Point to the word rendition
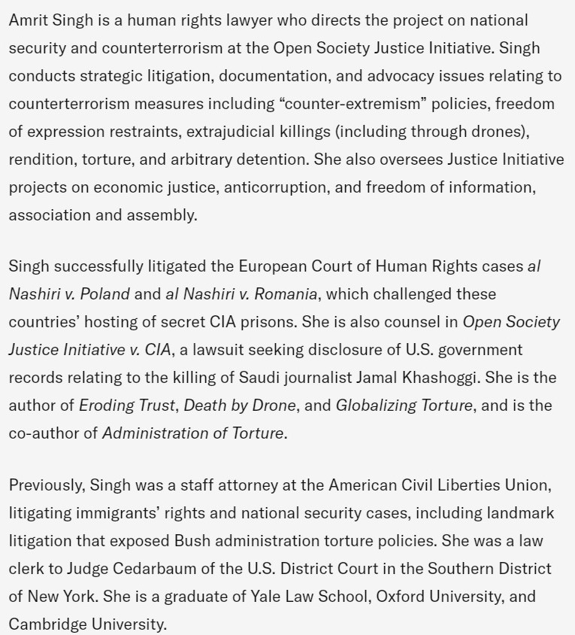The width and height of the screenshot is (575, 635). [39, 160]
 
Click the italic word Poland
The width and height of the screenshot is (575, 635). [107, 293]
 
